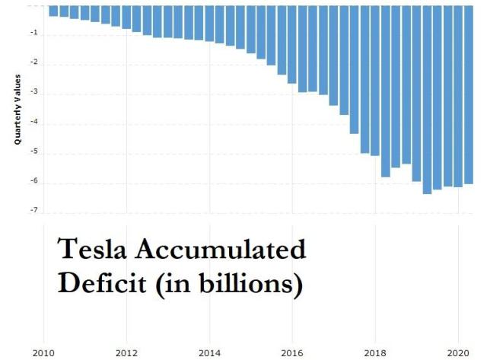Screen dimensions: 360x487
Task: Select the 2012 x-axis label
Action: pos(126,352)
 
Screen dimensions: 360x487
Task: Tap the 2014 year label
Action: pos(209,352)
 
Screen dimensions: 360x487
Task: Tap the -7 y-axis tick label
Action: pos(34,210)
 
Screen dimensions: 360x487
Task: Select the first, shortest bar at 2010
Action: pos(53,11)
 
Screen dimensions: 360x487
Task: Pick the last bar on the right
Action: pos(468,94)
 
